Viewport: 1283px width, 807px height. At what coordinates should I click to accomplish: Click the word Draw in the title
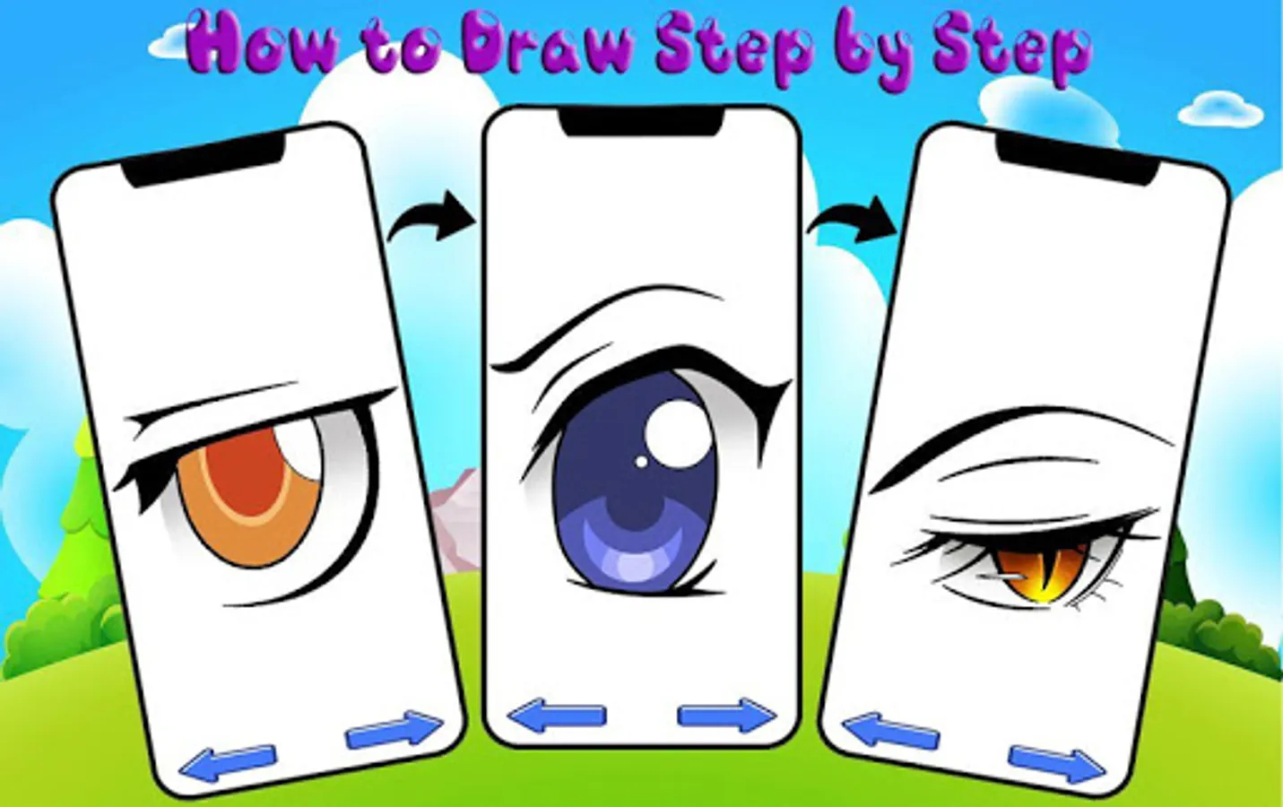548,45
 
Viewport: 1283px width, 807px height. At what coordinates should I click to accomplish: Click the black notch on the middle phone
641,121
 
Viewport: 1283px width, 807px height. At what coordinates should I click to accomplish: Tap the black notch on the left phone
204,161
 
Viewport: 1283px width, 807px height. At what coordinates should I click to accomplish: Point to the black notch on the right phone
1077,161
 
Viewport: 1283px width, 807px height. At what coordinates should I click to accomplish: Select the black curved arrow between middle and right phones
853,220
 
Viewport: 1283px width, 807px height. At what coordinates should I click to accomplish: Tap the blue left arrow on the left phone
228,762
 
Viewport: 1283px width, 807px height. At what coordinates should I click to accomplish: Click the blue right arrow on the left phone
394,729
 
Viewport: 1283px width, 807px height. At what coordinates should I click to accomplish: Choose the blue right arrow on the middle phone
727,716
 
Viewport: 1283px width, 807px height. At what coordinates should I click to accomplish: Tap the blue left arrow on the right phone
890,730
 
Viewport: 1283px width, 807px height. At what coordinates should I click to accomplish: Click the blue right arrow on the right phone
1057,764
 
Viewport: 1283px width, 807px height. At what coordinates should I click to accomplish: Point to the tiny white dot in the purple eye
642,461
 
